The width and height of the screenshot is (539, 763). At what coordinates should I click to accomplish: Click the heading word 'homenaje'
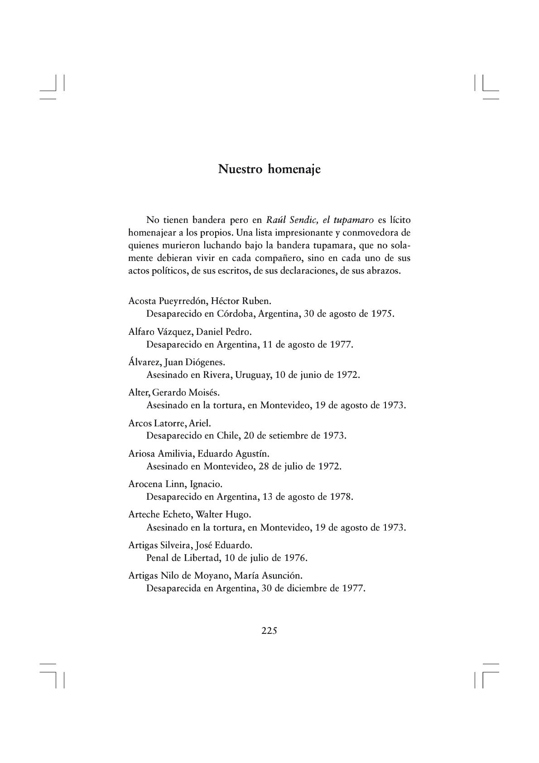[x=294, y=169]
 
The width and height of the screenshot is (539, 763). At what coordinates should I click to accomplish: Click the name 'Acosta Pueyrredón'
[x=168, y=301]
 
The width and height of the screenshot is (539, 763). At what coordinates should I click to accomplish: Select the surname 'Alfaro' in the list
[x=141, y=332]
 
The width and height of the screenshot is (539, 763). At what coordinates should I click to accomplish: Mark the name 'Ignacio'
[x=206, y=484]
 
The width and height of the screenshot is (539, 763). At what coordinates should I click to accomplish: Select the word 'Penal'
[x=157, y=558]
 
